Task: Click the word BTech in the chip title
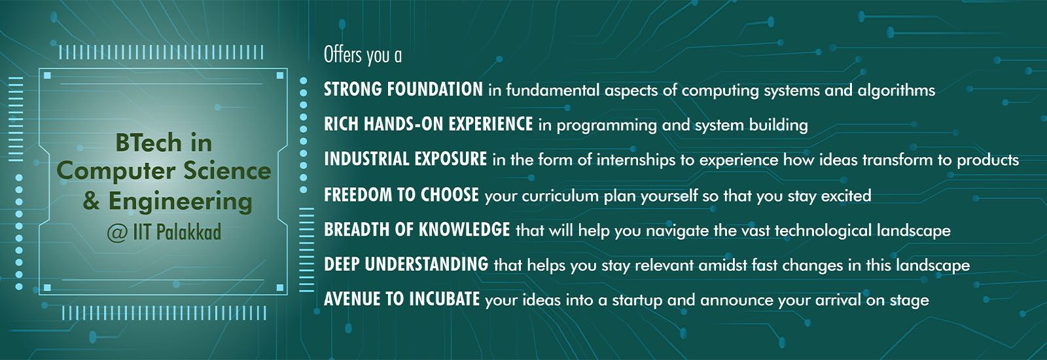149,142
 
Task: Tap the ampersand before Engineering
91,201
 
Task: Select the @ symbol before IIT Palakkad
117,233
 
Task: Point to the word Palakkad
188,232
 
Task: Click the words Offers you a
363,55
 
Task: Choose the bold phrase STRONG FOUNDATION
403,89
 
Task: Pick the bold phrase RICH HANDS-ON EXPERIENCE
428,124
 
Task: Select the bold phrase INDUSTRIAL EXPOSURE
405,159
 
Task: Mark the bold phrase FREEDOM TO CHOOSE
402,194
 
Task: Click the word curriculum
560,196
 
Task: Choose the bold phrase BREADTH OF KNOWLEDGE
417,230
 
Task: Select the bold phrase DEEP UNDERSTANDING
406,264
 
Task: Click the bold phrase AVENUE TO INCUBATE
402,298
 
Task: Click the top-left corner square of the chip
47,75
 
